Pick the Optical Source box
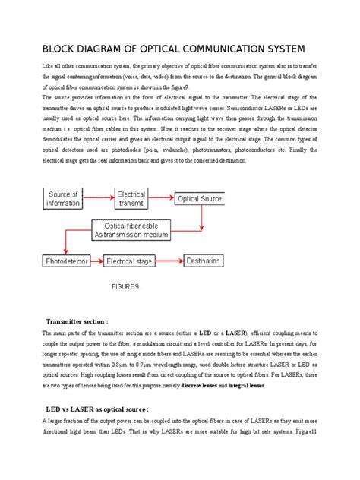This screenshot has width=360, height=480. point(201,198)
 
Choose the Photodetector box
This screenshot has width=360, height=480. point(66,261)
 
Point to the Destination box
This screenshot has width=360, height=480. point(204,261)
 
